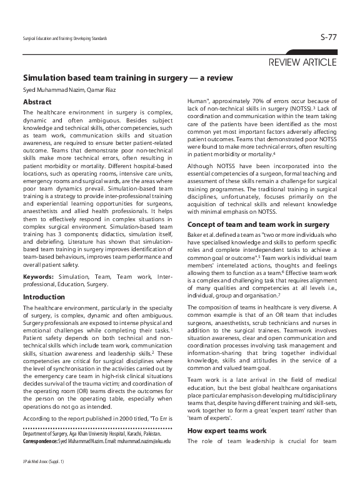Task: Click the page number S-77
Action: pos(327,38)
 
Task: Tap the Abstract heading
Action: pos(37,101)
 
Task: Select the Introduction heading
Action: pos(44,297)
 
